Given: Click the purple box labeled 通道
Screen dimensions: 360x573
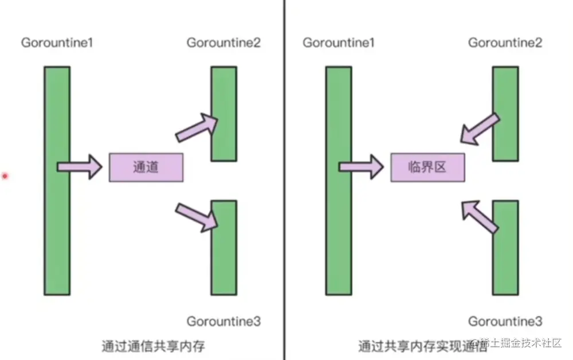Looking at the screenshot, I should pos(146,167).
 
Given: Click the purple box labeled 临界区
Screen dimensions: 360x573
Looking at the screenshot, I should pos(427,167).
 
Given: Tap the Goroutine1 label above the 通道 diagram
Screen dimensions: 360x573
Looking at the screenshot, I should pos(57,43).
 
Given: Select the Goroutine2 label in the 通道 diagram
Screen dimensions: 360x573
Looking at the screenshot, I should pos(223,43).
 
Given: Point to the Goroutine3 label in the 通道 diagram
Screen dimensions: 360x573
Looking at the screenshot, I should pos(223,321).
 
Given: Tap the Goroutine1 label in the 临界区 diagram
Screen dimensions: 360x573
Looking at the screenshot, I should pos(339,43).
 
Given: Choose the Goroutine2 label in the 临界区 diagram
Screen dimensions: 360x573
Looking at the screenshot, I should pos(505,43).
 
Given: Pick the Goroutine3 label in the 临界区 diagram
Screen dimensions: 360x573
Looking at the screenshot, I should pos(505,321).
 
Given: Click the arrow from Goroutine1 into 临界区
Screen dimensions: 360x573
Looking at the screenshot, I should pos(361,167).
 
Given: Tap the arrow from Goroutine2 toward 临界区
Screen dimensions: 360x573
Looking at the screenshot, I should pos(479,130).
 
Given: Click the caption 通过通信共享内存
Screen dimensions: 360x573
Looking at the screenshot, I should pos(153,346).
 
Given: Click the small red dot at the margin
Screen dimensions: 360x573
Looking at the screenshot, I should pos(5,176).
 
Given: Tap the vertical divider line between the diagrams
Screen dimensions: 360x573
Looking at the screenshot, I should pos(284,172).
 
